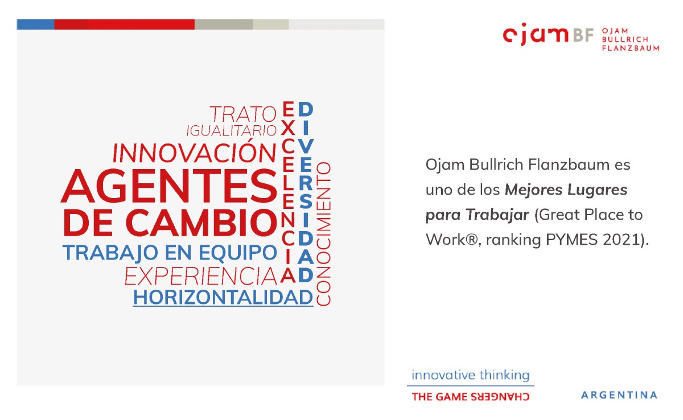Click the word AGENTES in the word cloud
[169, 186]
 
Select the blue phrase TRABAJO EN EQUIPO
[170, 253]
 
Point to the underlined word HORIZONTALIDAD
[223, 298]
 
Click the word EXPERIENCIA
[200, 276]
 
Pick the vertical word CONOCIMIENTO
[324, 234]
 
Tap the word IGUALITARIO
[232, 131]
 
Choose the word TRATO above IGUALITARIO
[242, 114]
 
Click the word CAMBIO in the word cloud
[201, 223]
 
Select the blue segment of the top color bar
[35, 24]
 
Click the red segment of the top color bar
[125, 24]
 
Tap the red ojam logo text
[536, 34]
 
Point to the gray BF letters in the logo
[583, 35]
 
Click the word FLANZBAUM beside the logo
[631, 48]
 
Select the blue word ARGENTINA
[619, 396]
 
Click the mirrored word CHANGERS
[500, 397]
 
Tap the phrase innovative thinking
[471, 375]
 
